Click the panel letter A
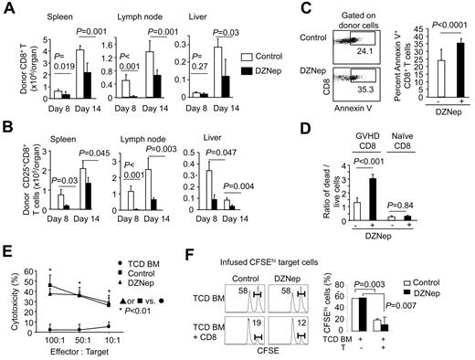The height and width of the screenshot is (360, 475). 7,8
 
